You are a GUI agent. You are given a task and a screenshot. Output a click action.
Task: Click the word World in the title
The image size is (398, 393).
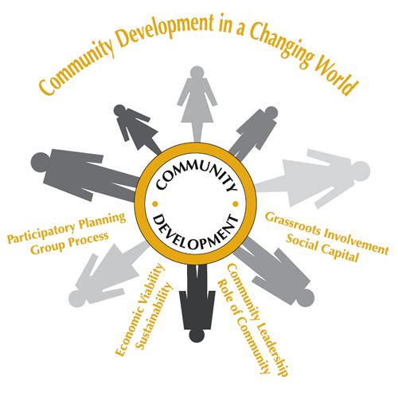tap(337, 75)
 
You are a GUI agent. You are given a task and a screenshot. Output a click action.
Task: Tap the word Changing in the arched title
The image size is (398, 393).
tap(281, 45)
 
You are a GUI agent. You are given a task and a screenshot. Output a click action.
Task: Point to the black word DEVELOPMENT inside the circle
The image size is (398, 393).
tap(196, 233)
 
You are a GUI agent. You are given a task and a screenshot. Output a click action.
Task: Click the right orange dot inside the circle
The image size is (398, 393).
tap(236, 204)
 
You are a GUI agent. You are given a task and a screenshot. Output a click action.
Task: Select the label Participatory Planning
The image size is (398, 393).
tap(66, 227)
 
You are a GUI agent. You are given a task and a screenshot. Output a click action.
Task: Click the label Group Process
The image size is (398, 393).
tap(69, 243)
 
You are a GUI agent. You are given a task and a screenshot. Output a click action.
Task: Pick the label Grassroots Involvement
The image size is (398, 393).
tap(327, 233)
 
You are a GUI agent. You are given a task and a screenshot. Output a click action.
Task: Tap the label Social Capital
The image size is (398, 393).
tap(322, 248)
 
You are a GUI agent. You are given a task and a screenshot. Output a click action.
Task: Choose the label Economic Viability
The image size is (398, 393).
tap(140, 309)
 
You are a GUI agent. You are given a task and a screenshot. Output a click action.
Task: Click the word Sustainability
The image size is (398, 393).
tap(154, 316)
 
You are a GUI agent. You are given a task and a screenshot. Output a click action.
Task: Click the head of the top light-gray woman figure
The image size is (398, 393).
tap(197, 73)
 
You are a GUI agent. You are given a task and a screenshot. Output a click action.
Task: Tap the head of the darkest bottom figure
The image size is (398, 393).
tap(197, 335)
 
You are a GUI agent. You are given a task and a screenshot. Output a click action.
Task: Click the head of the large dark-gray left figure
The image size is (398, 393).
tap(40, 162)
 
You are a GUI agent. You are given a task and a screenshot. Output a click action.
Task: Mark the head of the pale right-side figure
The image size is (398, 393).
tap(361, 171)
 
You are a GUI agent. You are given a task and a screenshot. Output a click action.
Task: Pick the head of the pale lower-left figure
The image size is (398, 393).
tap(77, 298)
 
